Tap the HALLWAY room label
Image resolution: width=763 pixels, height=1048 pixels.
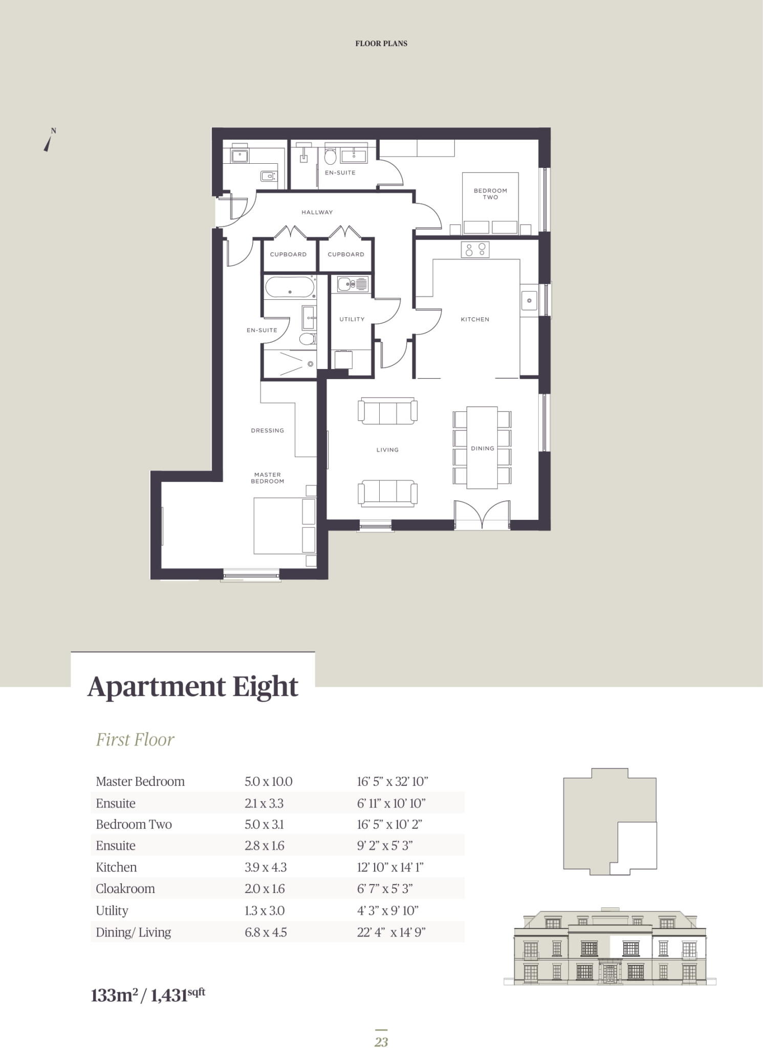(x=317, y=212)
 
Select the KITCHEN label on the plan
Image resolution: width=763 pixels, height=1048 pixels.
(x=475, y=319)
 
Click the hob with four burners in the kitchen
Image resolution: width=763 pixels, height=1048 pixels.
(x=475, y=250)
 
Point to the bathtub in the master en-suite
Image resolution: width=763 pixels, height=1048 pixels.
(x=290, y=287)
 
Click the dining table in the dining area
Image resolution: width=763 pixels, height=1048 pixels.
(x=482, y=447)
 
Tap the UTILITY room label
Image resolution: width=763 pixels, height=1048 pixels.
(x=352, y=319)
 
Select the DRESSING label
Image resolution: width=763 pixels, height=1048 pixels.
(x=267, y=430)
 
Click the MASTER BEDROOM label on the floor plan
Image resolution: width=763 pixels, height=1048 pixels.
(x=267, y=478)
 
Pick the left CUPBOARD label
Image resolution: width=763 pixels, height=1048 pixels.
(x=288, y=254)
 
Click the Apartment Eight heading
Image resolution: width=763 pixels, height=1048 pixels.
(x=192, y=686)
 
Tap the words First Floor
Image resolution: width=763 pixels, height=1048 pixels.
(x=135, y=739)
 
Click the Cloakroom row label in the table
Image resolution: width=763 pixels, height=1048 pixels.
(x=125, y=888)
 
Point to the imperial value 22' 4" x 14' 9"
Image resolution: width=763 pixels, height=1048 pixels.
(x=391, y=932)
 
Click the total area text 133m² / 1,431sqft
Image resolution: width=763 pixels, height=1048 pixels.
(x=148, y=995)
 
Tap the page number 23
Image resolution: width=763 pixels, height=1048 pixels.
(x=381, y=1042)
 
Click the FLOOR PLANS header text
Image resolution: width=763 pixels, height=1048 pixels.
(x=381, y=43)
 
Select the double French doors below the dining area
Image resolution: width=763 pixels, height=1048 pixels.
(x=482, y=514)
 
